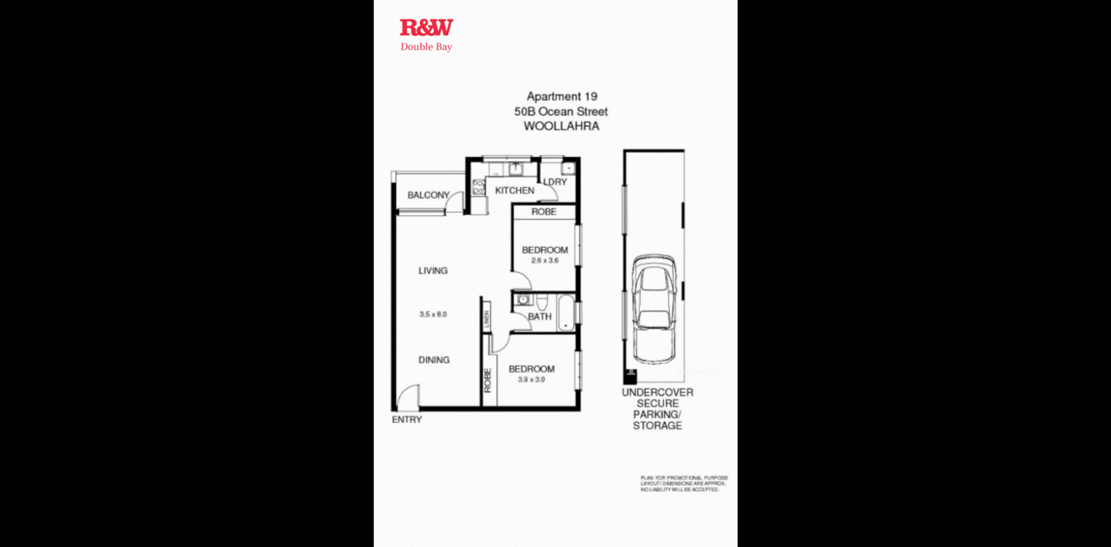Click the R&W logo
coord(427,28)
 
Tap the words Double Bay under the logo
coord(427,47)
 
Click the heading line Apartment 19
coord(561,96)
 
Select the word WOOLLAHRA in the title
coord(561,126)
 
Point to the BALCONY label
coord(428,195)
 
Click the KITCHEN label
coord(514,191)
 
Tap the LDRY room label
coord(555,182)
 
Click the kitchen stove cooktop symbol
coord(478,187)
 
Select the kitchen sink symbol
coord(516,169)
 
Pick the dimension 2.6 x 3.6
coord(545,261)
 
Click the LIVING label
coord(433,271)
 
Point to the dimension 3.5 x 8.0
coord(433,314)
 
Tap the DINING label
coord(433,360)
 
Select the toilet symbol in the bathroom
coord(521,299)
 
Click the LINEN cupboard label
coord(487,317)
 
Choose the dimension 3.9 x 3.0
coord(532,380)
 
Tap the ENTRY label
coord(406,419)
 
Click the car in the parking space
coord(654,309)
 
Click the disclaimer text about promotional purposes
coord(683,484)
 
